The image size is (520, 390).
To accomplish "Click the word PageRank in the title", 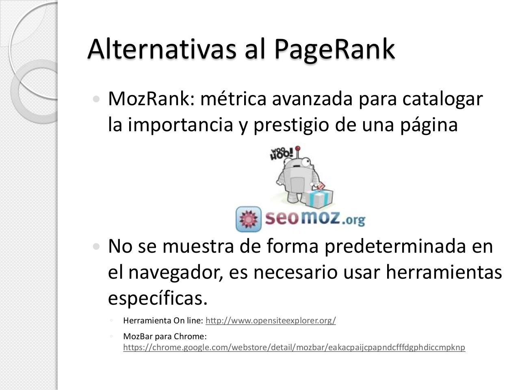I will [334, 49].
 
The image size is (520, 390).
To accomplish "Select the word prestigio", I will [292, 125].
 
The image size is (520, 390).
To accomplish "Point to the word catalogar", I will [443, 100].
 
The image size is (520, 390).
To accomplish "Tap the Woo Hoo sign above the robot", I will [281, 154].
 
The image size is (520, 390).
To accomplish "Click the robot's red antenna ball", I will [298, 148].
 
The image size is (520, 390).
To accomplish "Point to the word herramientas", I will [444, 272].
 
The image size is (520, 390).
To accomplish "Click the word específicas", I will [158, 298].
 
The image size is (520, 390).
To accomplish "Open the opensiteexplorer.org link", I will [271, 321].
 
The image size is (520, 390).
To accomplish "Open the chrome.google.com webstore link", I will [294, 347].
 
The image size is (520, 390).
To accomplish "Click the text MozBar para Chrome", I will [165, 336].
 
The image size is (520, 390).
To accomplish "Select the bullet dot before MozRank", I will [96, 99].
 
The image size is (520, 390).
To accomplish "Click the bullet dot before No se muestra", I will [96, 246].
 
